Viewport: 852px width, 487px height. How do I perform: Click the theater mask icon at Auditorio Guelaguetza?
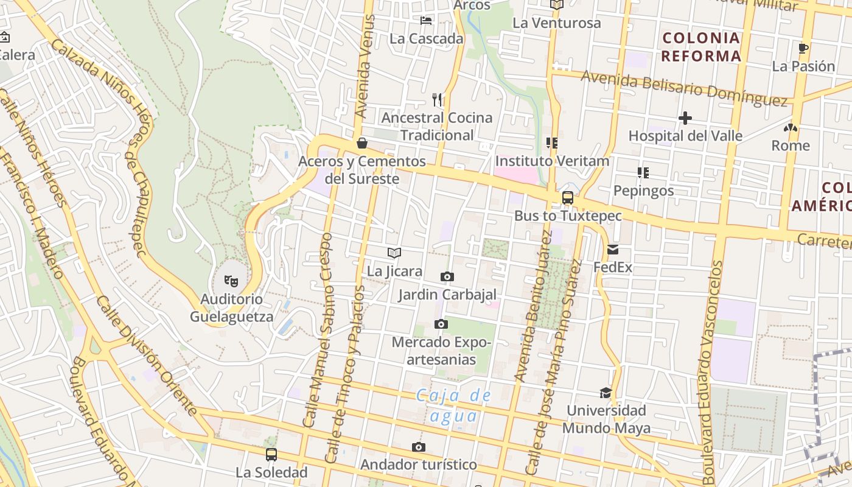click(x=231, y=281)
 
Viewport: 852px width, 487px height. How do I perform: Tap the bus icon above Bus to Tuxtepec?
click(x=567, y=198)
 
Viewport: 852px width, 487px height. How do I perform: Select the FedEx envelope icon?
click(x=612, y=250)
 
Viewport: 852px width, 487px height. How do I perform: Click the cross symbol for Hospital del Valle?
click(x=685, y=118)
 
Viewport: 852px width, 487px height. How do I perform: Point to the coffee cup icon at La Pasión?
click(x=803, y=48)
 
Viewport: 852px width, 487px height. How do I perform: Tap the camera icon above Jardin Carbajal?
click(x=447, y=277)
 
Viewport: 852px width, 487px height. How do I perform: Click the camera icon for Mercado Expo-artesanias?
click(x=441, y=324)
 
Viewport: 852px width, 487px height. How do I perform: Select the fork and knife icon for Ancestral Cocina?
click(x=436, y=99)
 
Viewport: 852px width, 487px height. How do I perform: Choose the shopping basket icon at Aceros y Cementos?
click(x=362, y=143)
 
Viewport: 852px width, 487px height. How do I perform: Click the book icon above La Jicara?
click(x=394, y=253)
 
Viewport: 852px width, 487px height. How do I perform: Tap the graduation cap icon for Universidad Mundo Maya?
click(x=606, y=393)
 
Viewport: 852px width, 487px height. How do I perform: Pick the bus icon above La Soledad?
click(x=271, y=454)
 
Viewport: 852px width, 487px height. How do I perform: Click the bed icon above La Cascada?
click(x=426, y=21)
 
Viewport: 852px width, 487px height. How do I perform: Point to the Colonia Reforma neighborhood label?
click(x=701, y=47)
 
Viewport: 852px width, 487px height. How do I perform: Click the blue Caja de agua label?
click(x=453, y=405)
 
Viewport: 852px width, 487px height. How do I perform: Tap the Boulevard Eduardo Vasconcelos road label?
click(x=711, y=371)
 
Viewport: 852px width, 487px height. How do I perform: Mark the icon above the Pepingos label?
click(x=643, y=173)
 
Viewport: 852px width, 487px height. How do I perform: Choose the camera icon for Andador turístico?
click(x=418, y=447)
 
